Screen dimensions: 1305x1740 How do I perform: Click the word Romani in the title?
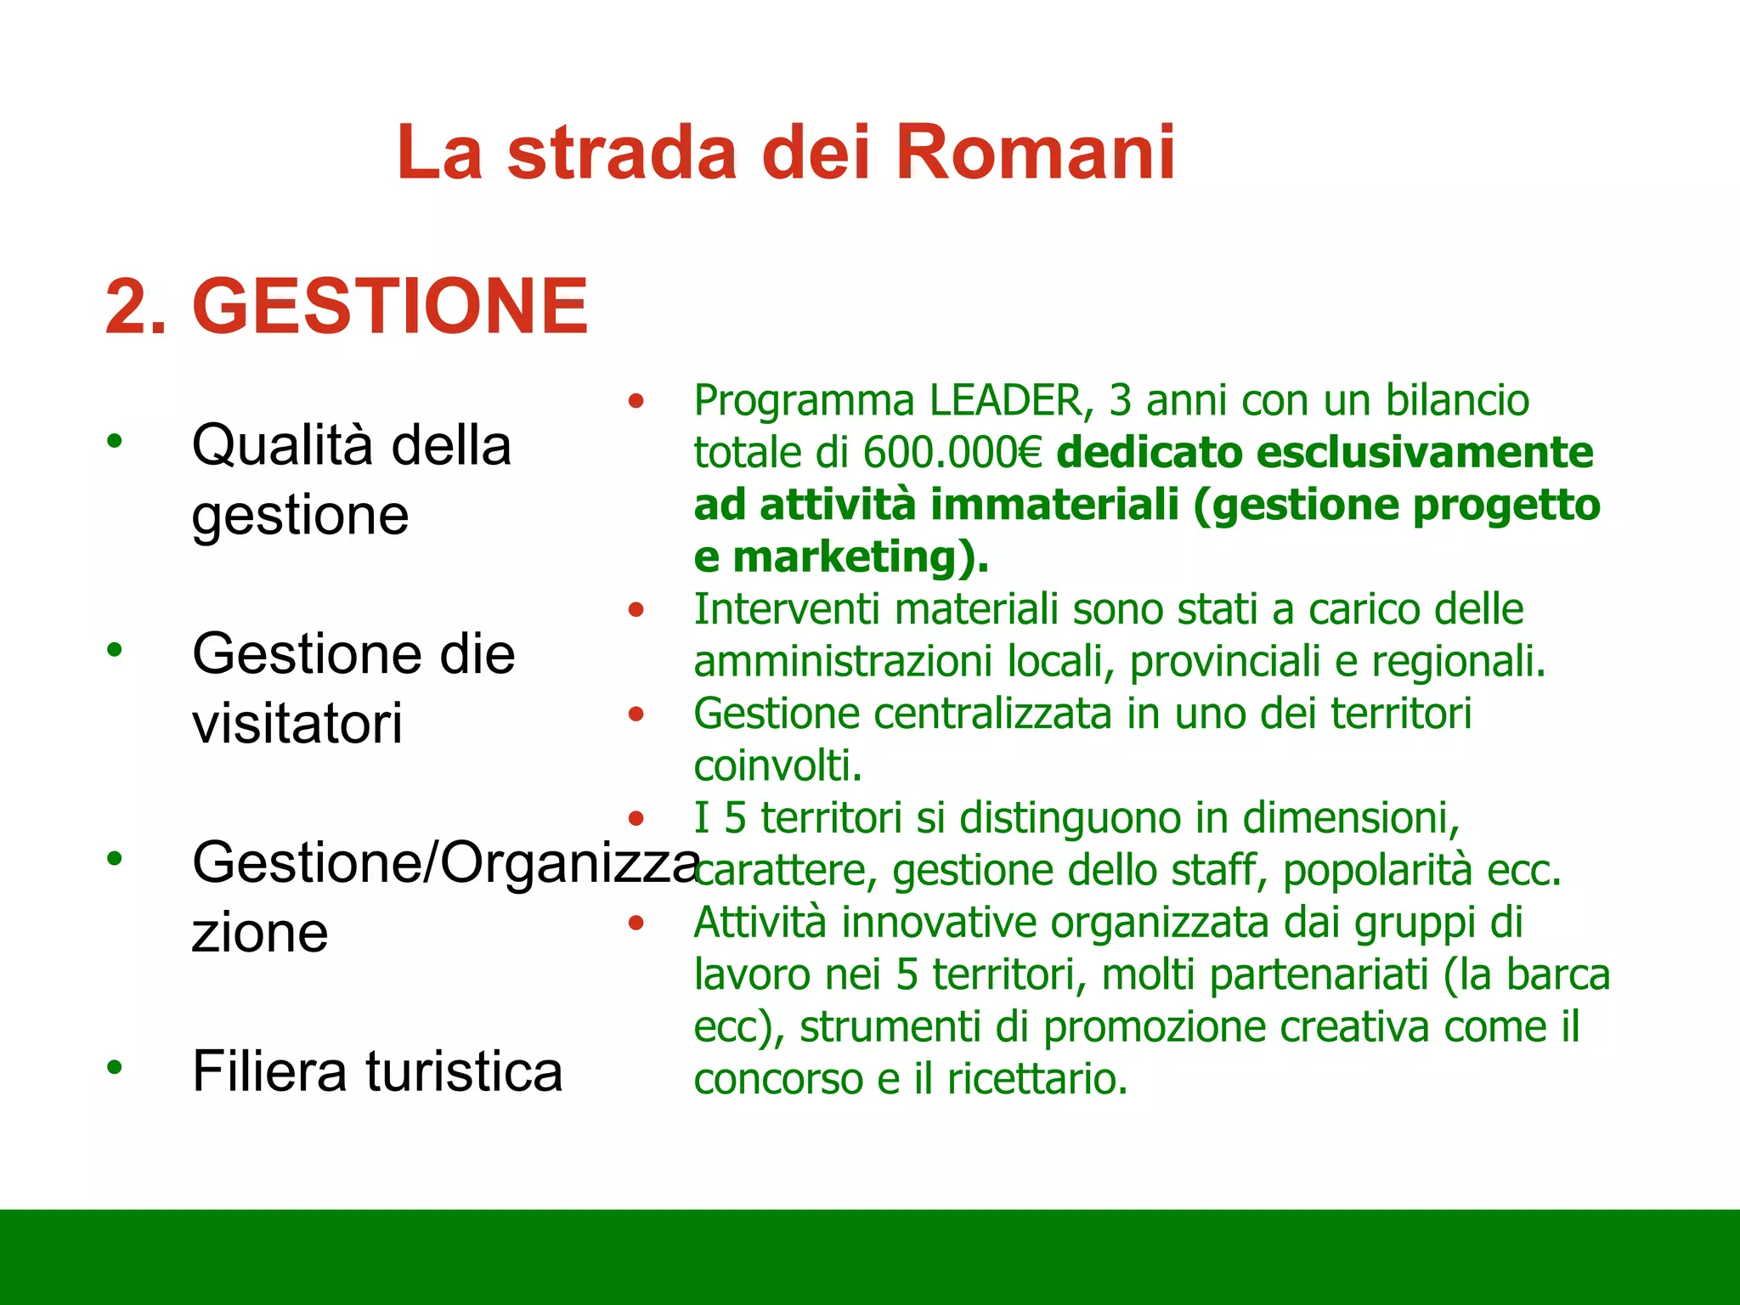click(1035, 153)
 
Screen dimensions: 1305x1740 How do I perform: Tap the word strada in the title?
click(621, 153)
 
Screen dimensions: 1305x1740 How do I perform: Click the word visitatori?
click(297, 724)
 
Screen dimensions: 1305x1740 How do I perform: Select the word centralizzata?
click(991, 714)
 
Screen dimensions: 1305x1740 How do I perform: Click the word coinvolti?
click(777, 766)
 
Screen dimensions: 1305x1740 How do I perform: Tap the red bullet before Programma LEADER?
click(636, 400)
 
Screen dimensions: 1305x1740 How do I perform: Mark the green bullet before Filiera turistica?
click(115, 1067)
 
